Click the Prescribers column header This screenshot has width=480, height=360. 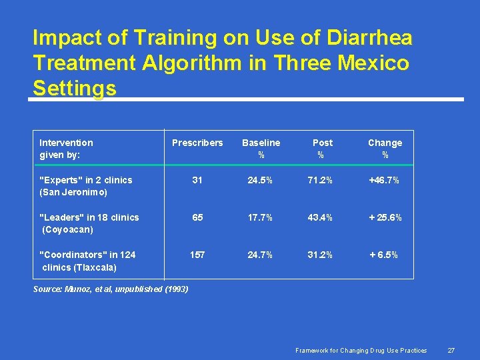197,143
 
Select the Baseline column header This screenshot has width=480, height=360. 261,143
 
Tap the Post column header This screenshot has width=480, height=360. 323,143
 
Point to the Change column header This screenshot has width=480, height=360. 385,143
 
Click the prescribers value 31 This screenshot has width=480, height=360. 197,180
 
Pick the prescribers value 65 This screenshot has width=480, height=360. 197,217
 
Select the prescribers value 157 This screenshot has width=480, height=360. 197,255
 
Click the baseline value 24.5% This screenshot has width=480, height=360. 261,180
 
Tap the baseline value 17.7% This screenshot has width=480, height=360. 261,217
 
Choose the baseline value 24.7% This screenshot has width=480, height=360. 261,255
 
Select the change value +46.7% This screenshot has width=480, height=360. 385,180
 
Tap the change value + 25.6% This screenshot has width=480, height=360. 385,217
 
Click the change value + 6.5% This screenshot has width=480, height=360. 385,255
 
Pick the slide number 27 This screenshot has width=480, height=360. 451,351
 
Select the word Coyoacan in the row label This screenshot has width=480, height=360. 68,230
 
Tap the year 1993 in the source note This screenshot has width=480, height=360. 176,289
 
